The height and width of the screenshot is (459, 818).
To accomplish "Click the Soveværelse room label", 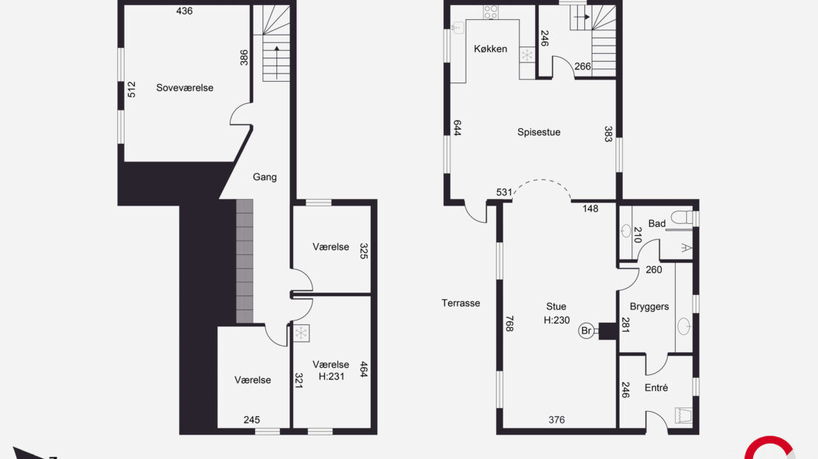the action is (185, 88).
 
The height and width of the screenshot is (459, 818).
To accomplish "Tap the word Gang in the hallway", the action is (265, 178).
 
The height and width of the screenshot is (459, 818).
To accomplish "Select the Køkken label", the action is (490, 49).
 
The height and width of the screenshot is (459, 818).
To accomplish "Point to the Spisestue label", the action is (539, 133).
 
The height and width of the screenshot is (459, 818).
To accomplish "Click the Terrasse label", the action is (461, 303).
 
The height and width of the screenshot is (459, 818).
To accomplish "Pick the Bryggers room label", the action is (649, 306).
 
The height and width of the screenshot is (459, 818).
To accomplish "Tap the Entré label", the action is (656, 388).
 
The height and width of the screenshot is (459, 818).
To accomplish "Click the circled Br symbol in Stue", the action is (587, 331).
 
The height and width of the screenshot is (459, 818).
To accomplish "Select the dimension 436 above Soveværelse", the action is (184, 11).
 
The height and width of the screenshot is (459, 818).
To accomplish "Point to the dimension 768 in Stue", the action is (510, 323).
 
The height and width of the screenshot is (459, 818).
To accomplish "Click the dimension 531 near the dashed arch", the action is (504, 192).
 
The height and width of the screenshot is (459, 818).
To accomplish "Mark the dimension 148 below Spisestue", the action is (590, 209).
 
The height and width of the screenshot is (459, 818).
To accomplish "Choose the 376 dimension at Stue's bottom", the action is (556, 420).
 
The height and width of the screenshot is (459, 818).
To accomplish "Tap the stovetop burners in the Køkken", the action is (490, 12).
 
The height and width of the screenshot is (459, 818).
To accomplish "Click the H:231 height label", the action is (331, 376).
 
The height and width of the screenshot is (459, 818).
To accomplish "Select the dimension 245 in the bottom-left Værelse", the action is (251, 420).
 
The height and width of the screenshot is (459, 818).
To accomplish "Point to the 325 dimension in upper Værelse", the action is (363, 251).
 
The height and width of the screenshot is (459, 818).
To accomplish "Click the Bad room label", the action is (657, 224).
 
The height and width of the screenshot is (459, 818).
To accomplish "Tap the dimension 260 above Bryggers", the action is (654, 270).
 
